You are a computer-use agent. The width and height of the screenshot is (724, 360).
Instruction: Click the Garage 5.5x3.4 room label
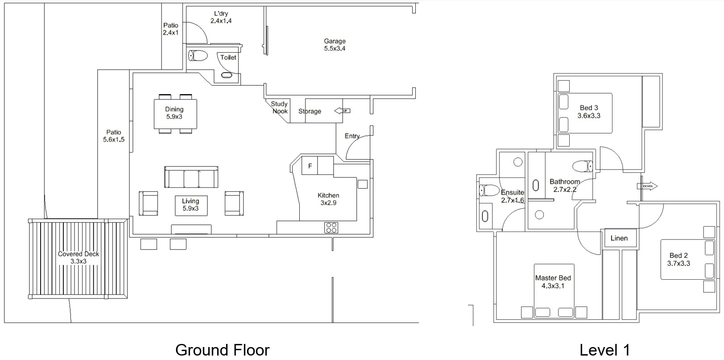[335, 45]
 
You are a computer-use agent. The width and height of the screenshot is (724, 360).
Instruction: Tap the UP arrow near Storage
[342, 111]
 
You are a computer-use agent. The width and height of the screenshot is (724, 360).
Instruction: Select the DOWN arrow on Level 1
[647, 186]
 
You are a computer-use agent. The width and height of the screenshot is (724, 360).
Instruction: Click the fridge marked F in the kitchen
[310, 166]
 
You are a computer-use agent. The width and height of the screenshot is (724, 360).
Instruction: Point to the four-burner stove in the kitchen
[331, 228]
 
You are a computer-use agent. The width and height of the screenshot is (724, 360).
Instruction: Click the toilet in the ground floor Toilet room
[198, 56]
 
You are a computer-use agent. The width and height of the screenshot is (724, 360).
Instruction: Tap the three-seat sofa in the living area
[191, 177]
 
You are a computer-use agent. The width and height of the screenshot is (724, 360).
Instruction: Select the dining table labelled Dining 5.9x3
[175, 114]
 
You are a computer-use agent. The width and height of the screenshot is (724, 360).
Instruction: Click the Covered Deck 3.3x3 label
[79, 257]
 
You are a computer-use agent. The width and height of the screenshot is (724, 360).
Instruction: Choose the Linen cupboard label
[619, 238]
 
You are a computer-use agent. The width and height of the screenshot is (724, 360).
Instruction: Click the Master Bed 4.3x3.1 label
[553, 282]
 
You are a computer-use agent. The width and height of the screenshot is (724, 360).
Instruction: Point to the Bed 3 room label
[589, 112]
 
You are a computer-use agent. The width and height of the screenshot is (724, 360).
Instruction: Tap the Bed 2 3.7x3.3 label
[678, 260]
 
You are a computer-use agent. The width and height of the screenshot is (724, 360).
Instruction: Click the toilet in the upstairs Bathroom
[583, 166]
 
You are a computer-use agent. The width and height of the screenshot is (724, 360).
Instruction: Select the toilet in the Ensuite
[489, 190]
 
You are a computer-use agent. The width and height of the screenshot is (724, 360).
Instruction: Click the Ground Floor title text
[222, 350]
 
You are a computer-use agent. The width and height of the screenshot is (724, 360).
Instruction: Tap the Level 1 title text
[605, 350]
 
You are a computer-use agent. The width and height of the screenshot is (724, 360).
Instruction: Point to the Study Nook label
[279, 108]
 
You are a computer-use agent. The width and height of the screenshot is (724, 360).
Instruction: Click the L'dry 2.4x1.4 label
[221, 17]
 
